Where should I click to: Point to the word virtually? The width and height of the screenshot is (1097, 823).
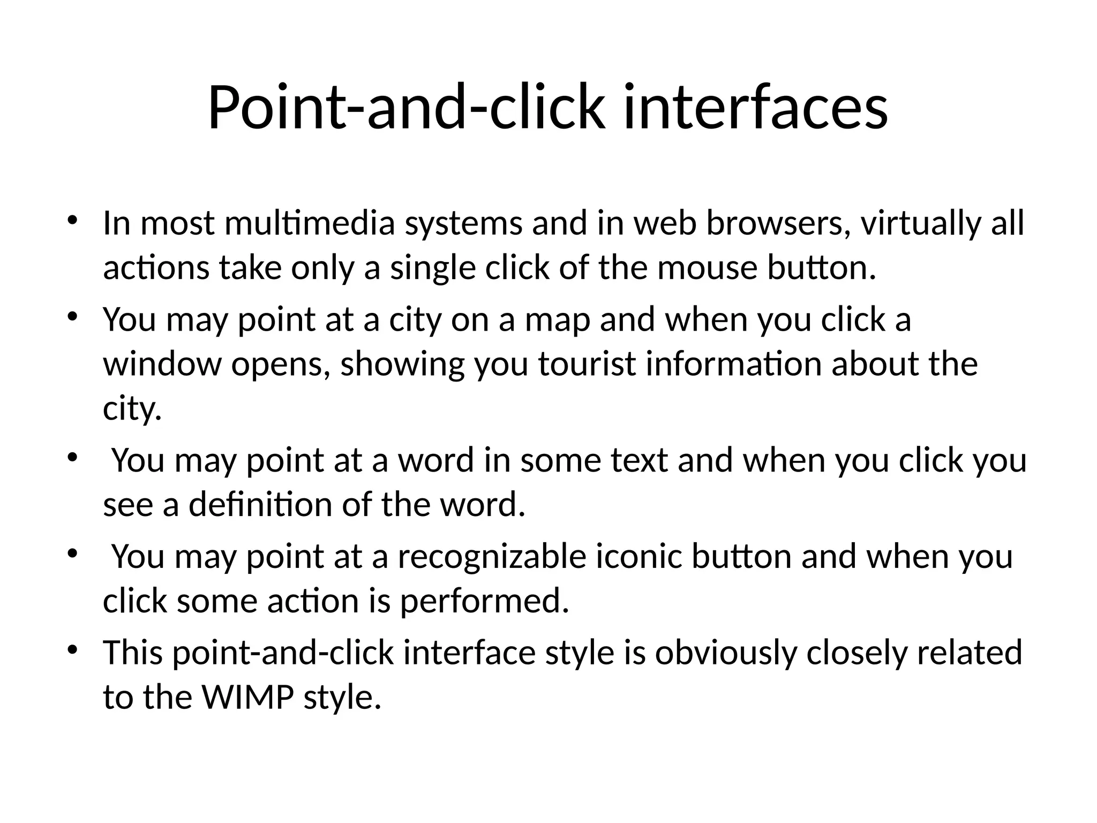click(x=921, y=224)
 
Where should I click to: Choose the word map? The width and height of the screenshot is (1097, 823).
click(x=557, y=321)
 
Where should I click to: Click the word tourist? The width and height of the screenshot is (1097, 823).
click(x=587, y=364)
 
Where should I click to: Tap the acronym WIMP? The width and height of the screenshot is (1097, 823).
click(x=247, y=697)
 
